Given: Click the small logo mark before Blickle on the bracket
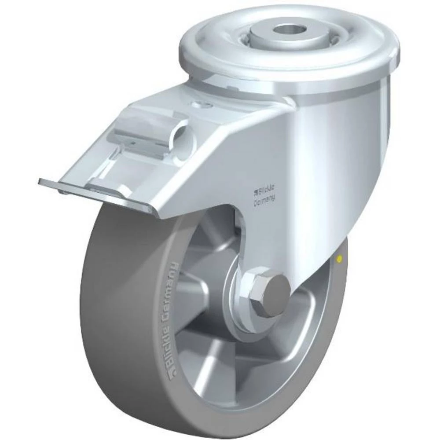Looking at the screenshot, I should coord(254,191).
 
